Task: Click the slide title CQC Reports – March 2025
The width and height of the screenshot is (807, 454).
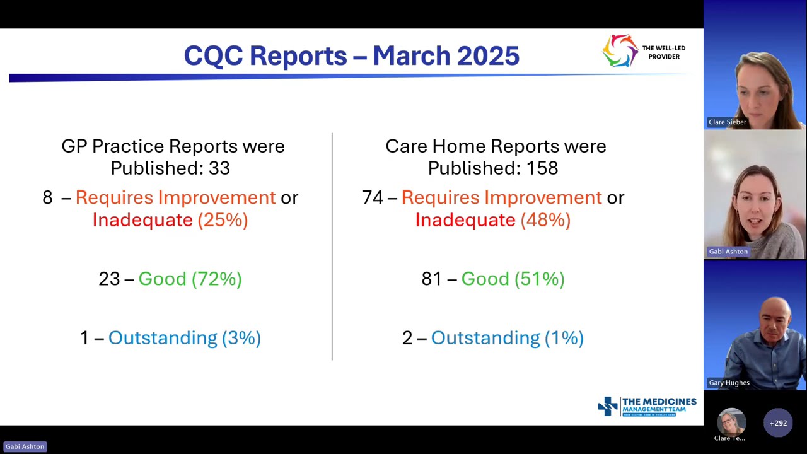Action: coord(351,55)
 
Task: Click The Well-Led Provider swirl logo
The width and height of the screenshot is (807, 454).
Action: coord(620,51)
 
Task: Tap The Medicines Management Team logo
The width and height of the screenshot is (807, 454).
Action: coord(647,407)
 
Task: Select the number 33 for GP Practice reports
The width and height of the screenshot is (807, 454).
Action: coord(219,168)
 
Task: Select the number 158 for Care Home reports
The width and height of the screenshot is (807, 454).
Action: coord(543,168)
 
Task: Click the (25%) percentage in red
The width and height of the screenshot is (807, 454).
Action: coord(223,220)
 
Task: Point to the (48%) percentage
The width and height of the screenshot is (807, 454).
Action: coord(545,220)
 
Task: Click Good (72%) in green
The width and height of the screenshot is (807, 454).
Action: coord(190,279)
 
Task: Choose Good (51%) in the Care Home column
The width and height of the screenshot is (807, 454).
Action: coord(513,279)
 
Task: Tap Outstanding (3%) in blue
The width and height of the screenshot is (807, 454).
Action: coord(184,338)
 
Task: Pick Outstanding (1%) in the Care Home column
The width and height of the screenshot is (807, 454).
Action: coord(507,338)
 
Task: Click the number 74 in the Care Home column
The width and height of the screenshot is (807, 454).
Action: coord(372,197)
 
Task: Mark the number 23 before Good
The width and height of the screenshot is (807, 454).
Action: coord(109,279)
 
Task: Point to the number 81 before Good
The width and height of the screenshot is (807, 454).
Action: coord(432,279)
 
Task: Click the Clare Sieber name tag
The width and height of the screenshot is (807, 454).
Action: coord(727,122)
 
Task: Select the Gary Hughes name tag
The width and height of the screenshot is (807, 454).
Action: coord(729,383)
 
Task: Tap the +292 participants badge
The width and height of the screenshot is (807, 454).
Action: coord(778,423)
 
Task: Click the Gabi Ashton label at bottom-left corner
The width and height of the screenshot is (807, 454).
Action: coord(25,446)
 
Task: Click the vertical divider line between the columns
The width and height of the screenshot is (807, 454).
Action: coord(332,246)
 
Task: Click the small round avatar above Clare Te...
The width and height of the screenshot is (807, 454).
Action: coord(731,421)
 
